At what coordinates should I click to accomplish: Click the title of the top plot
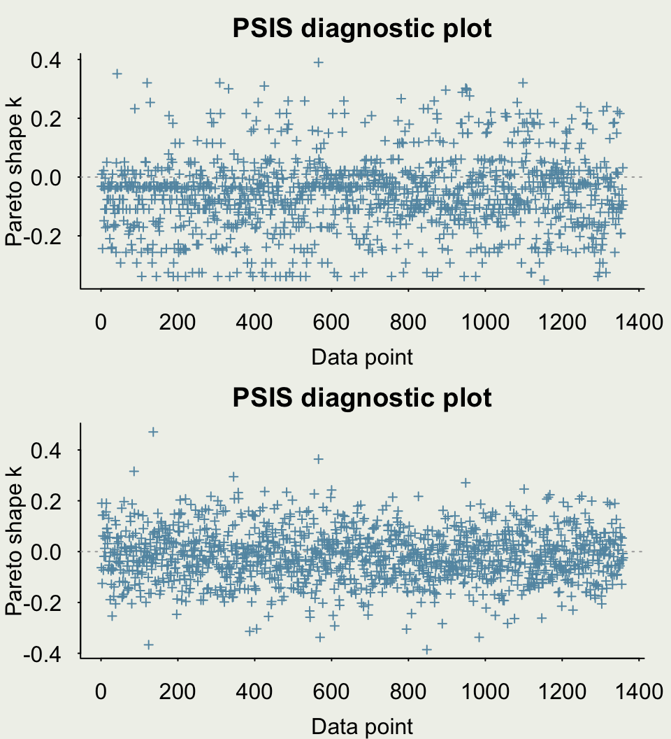point(362,28)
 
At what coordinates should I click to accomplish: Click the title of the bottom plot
point(362,397)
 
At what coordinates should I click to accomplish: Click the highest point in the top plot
point(319,62)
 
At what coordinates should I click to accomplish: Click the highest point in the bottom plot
point(153,432)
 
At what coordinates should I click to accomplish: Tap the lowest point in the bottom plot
point(426,649)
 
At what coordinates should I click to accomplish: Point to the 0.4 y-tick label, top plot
point(46,60)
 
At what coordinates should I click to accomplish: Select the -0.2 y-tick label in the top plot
point(43,236)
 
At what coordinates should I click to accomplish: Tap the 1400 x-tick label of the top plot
point(639,323)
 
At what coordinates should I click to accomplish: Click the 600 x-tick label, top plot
point(331,323)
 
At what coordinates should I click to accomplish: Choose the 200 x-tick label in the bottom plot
point(178,691)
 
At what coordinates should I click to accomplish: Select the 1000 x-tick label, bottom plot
point(485,691)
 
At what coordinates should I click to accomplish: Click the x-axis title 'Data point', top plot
point(362,357)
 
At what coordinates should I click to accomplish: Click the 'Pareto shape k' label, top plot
point(14,171)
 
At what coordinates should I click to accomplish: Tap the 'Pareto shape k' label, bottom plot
point(14,540)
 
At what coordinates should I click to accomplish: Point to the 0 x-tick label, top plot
point(101,323)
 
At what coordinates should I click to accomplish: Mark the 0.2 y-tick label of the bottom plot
point(46,501)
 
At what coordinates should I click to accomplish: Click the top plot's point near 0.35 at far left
point(117,73)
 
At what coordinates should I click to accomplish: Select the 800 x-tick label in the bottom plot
point(408,691)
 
